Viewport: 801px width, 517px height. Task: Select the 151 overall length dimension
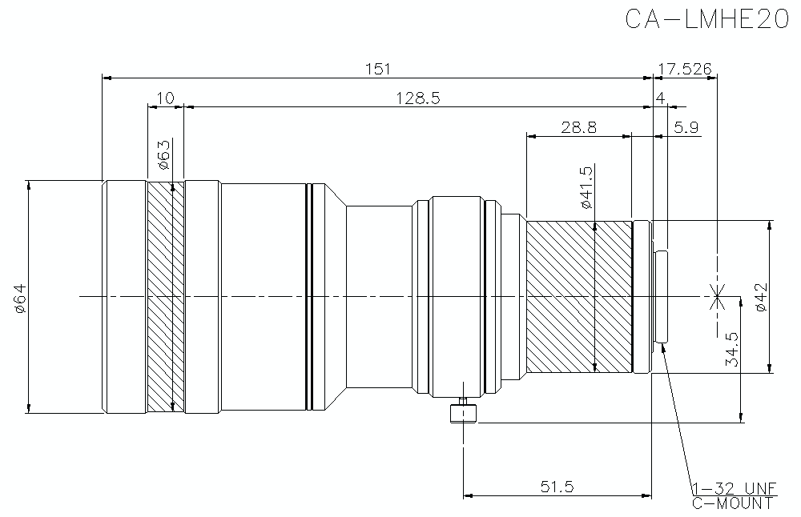coord(377,69)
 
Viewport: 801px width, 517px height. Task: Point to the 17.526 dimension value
coord(685,69)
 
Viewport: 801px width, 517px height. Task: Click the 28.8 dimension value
coord(578,127)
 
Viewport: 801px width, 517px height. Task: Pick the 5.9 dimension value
coord(686,127)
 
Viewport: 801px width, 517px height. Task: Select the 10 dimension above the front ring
coord(165,98)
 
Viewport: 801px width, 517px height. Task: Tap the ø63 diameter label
coord(163,155)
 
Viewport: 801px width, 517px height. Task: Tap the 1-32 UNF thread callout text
coord(733,488)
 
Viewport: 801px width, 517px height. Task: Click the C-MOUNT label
coord(733,503)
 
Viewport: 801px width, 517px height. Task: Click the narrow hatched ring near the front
coord(166,297)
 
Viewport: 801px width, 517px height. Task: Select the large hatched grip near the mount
coord(578,297)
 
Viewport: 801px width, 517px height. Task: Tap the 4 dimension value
coord(660,98)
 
